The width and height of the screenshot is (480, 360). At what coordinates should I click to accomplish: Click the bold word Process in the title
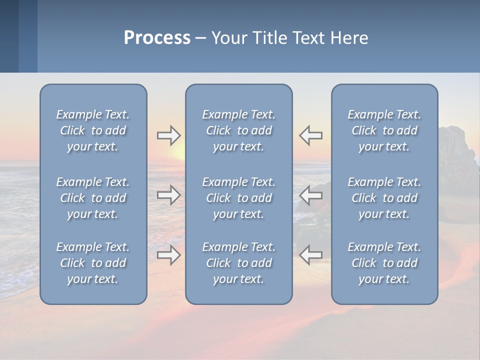coord(157,37)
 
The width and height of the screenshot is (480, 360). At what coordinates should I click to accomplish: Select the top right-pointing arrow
coord(168,135)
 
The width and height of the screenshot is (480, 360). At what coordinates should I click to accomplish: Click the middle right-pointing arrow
coord(168,195)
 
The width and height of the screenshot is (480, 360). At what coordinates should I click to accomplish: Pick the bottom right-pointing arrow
coord(168,255)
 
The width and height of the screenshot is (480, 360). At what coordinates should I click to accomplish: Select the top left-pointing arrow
coord(311,135)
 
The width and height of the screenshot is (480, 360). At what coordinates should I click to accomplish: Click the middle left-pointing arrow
coord(311,195)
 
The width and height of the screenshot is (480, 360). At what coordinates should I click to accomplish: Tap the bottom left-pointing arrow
coord(311,255)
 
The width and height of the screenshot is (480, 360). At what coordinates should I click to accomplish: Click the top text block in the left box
coord(93,130)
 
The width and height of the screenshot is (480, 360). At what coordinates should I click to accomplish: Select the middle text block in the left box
coord(93,198)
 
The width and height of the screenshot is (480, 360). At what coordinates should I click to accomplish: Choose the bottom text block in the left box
coord(93,263)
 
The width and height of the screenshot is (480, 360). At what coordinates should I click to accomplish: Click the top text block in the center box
coord(238,130)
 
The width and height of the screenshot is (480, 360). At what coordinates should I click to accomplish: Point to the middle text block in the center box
coord(238,198)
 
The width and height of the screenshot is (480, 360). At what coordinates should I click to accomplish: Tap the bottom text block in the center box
coord(238,263)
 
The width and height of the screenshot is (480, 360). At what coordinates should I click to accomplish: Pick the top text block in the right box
coord(384,130)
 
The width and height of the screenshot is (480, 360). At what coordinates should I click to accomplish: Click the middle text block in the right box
coord(384,198)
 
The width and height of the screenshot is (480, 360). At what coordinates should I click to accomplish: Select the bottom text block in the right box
coord(384,263)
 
